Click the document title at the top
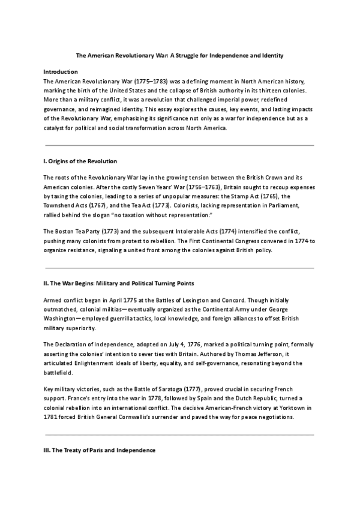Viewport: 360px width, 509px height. tap(180, 55)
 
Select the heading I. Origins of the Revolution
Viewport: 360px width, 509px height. tap(80, 161)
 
